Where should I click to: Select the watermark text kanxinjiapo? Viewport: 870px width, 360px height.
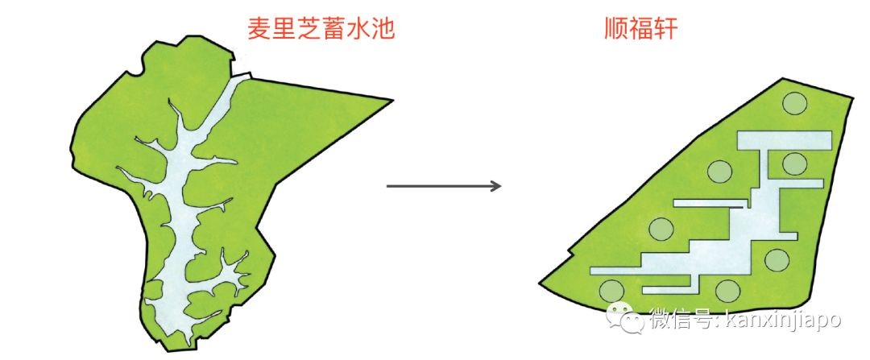point(782,320)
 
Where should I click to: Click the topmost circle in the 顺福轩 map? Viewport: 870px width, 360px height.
point(795,103)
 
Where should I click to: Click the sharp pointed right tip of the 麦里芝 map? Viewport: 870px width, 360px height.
point(392,101)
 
